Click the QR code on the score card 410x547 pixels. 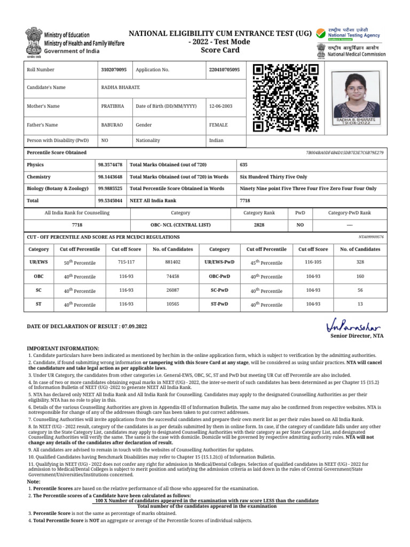[x=286, y=98]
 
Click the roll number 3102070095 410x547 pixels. [x=114, y=69]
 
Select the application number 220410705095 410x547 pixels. [x=225, y=69]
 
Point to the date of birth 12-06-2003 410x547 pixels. [x=220, y=106]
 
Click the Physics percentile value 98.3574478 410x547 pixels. [x=111, y=165]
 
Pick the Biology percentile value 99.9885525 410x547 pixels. [x=111, y=188]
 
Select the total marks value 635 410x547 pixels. [x=244, y=165]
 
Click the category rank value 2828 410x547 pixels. [x=259, y=225]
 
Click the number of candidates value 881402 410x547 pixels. [x=172, y=262]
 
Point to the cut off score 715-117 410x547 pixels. [x=126, y=262]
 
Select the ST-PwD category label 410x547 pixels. [x=219, y=304]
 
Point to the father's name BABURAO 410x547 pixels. [x=112, y=124]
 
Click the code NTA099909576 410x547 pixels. [x=371, y=236]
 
